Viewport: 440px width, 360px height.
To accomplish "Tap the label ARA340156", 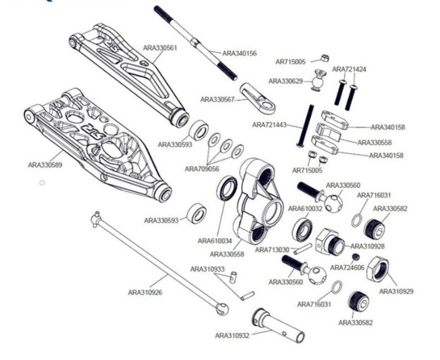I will [239, 53].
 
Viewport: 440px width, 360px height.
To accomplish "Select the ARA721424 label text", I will [349, 69].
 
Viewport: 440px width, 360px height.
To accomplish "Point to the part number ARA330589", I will [45, 164].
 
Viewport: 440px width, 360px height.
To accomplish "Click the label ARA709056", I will [202, 168].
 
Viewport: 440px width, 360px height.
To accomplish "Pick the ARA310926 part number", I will [145, 293].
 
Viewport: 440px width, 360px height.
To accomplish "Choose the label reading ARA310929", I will [396, 291].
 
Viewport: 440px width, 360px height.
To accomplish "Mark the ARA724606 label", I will [347, 267].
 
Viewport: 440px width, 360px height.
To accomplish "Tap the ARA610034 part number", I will [215, 241].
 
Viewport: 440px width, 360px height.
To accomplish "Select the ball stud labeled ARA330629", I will [318, 80].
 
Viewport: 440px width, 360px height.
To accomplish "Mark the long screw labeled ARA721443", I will [305, 126].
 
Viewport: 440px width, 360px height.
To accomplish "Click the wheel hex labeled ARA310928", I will [331, 242].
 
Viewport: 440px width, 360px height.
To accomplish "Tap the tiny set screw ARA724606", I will [355, 256].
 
